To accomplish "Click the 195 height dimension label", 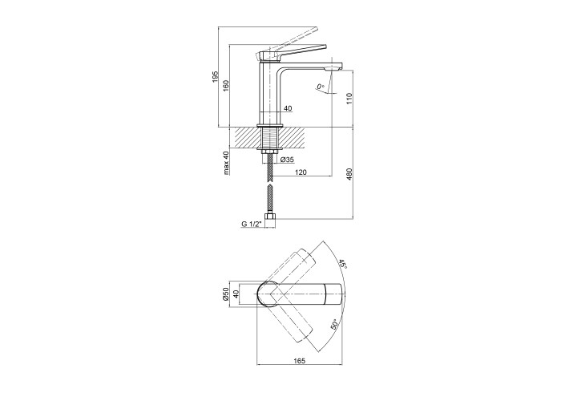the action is tap(215, 77).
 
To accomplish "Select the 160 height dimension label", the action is tap(226, 86).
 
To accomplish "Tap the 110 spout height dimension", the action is tap(349, 99).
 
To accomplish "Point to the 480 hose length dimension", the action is tap(349, 174).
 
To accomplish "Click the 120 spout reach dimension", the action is tap(301, 172).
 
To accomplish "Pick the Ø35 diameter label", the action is tap(287, 160).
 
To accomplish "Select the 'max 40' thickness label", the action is tap(226, 163).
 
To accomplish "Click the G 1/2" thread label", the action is tap(252, 224).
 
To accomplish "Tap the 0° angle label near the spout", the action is tap(321, 87).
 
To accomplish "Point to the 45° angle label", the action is tap(343, 265).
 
